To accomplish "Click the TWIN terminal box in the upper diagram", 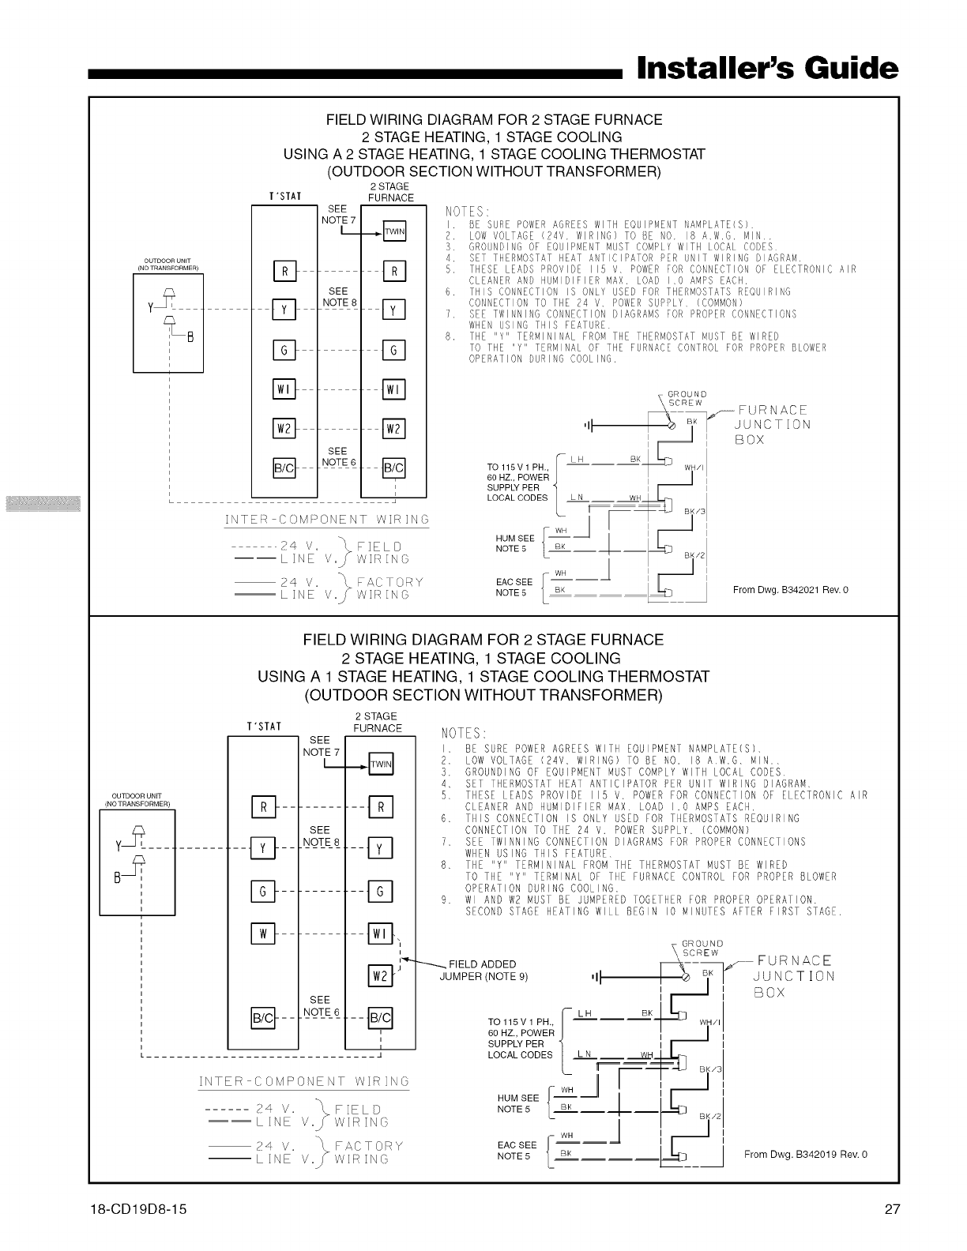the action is pyautogui.click(x=394, y=231).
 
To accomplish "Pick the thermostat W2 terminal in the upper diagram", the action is pyautogui.click(x=284, y=429).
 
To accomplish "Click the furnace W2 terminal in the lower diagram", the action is pyautogui.click(x=380, y=976).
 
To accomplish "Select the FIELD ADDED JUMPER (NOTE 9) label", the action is pyautogui.click(x=483, y=971).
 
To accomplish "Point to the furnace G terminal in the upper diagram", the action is pyautogui.click(x=393, y=349).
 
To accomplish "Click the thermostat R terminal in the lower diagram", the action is pyautogui.click(x=262, y=806).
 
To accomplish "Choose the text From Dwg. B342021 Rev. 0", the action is pyautogui.click(x=790, y=590).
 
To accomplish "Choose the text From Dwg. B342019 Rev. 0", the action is pyautogui.click(x=805, y=1155).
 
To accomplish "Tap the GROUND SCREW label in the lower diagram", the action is pyautogui.click(x=702, y=948).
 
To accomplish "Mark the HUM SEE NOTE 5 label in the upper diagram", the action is pyautogui.click(x=514, y=543).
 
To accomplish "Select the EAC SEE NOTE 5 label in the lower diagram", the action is pyautogui.click(x=516, y=1151).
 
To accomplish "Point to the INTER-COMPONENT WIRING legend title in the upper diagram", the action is pyautogui.click(x=327, y=520).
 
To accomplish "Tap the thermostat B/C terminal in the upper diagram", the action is pyautogui.click(x=284, y=468).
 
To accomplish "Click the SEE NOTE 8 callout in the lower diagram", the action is pyautogui.click(x=320, y=836).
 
